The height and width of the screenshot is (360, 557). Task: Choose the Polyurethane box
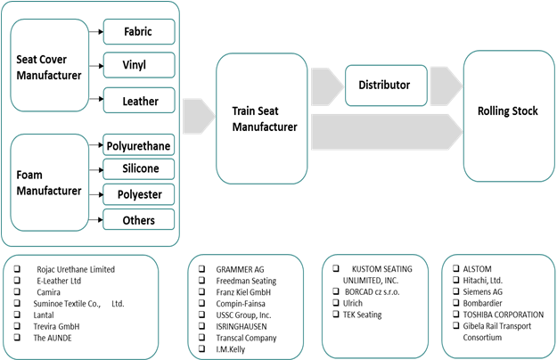pos(138,145)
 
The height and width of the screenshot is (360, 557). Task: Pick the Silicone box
pos(138,169)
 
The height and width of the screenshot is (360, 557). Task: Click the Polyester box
pos(138,194)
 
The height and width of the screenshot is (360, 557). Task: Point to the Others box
pos(138,220)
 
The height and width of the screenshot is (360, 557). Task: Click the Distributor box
pos(384,85)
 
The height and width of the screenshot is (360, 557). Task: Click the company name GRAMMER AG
pos(241,268)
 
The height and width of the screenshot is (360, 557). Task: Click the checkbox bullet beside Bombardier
pos(456,303)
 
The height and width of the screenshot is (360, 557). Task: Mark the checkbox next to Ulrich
pos(335,303)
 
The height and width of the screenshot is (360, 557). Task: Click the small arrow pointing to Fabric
pos(96,32)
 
